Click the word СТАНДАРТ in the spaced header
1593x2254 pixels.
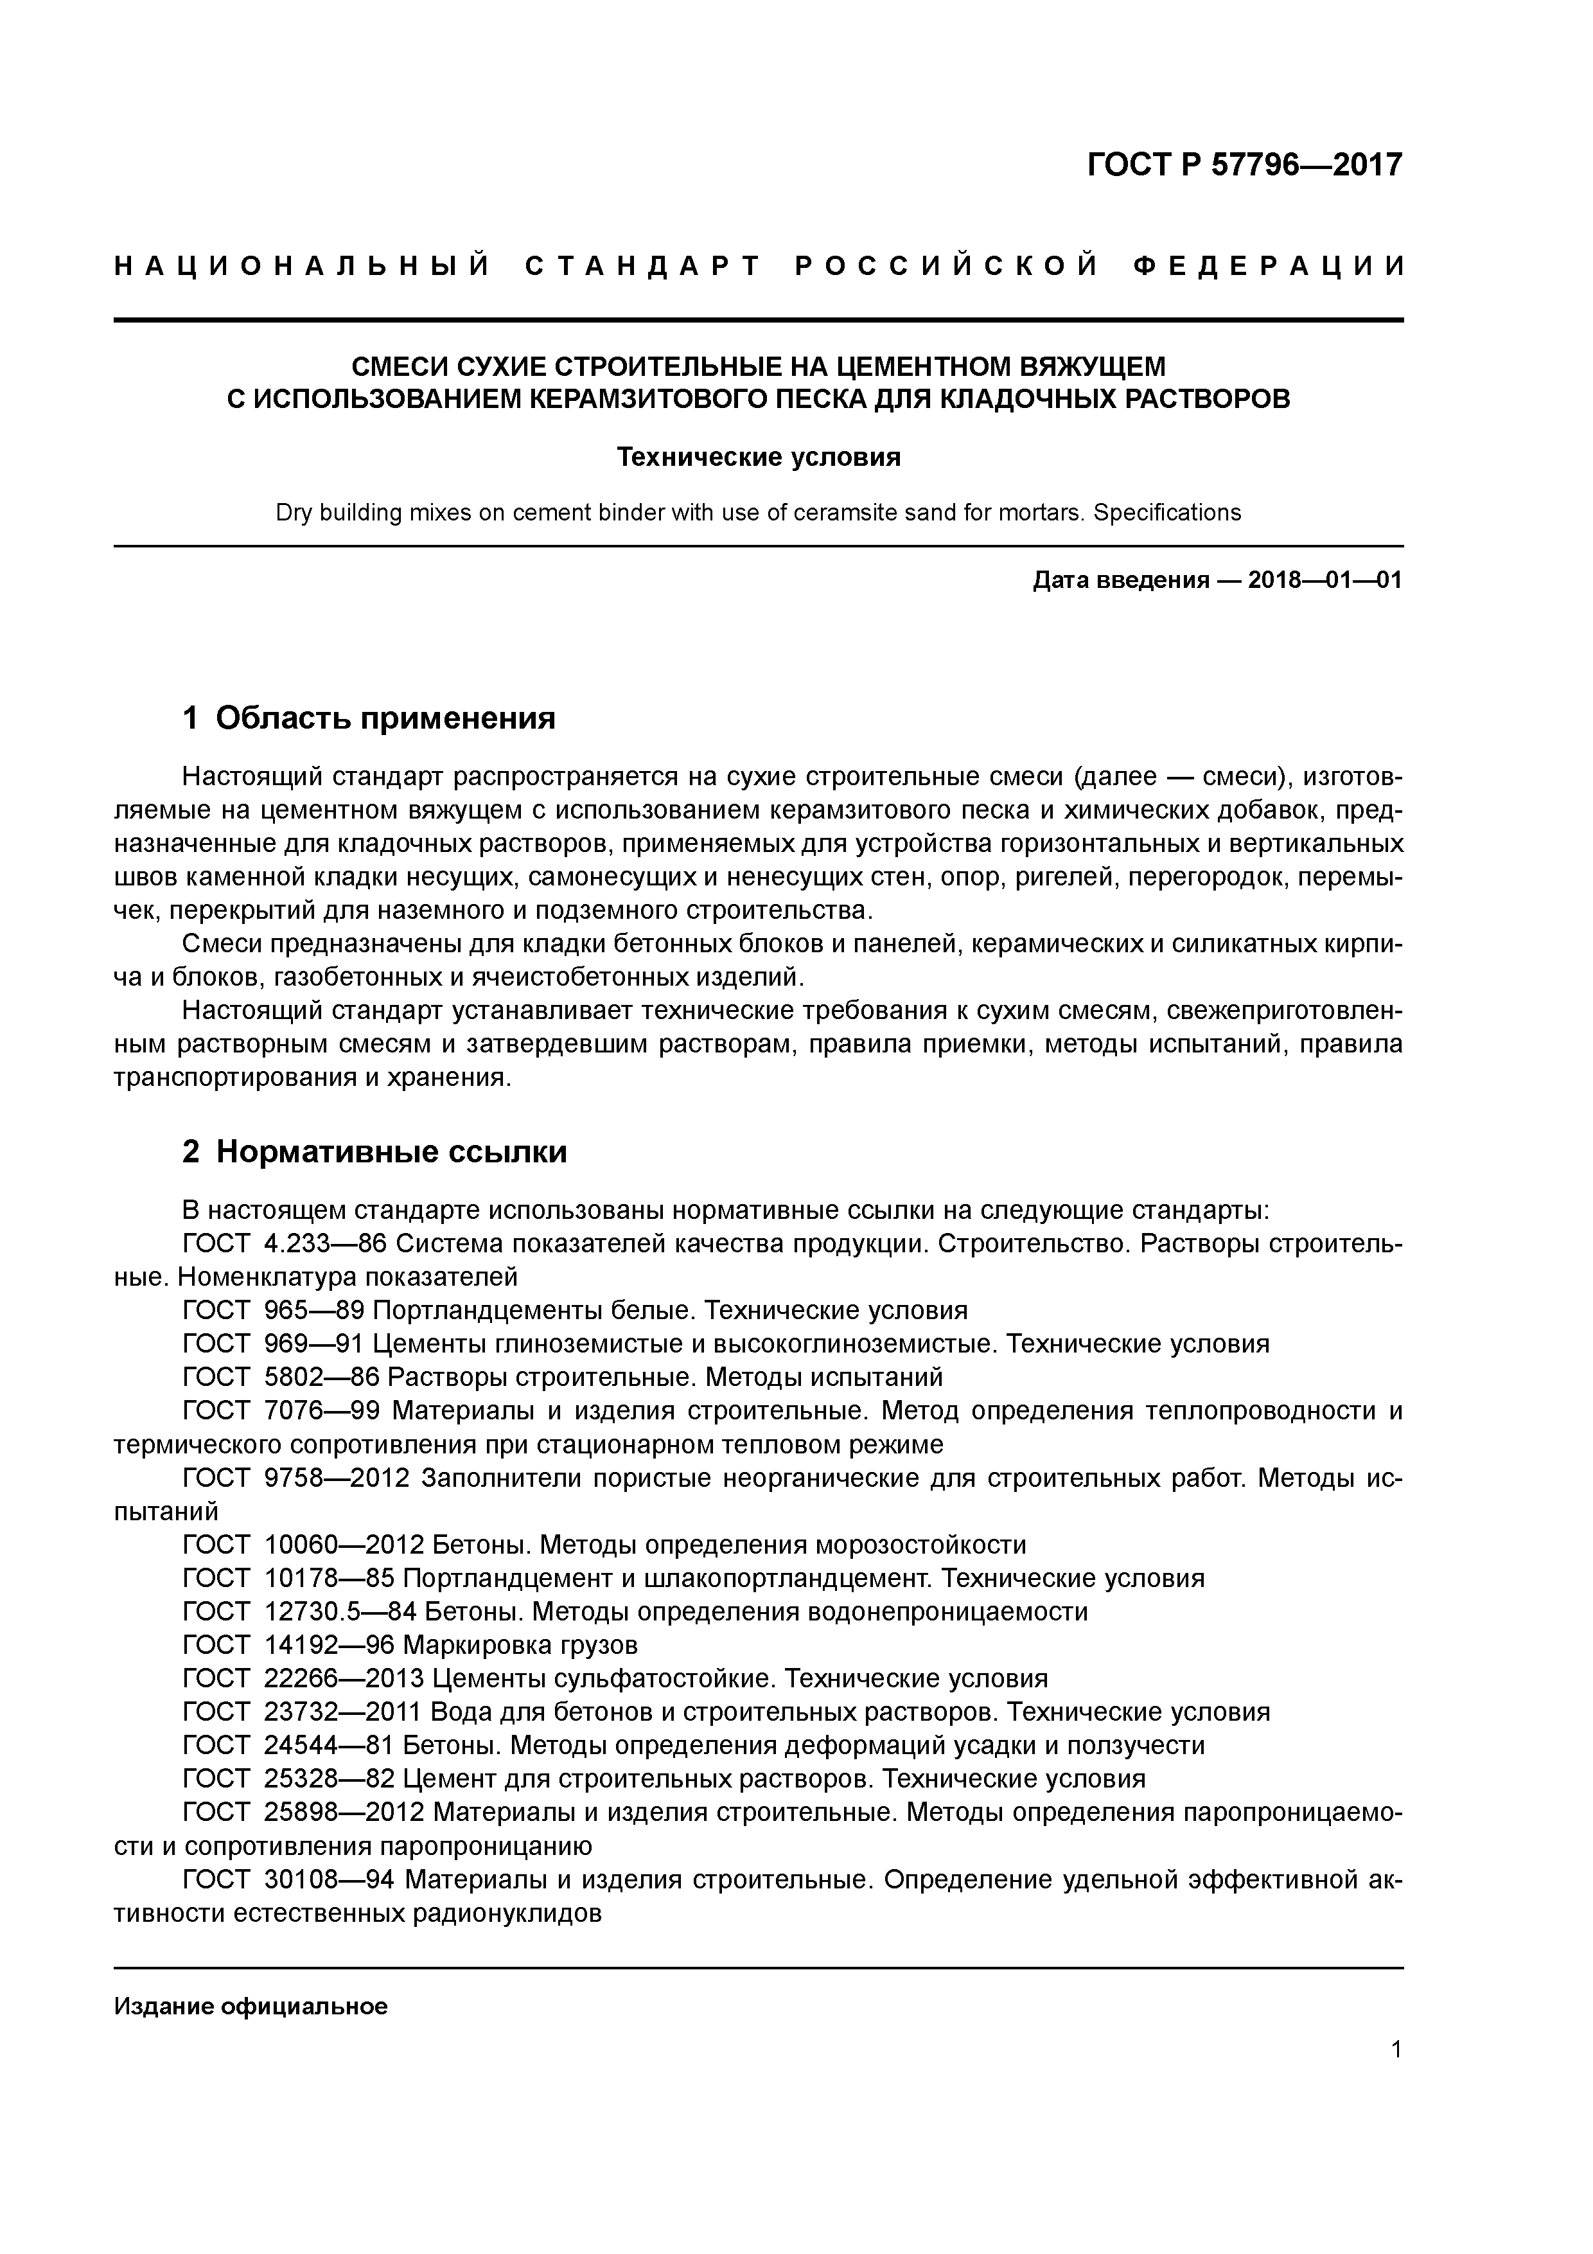click(643, 267)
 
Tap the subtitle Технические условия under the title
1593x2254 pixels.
click(758, 457)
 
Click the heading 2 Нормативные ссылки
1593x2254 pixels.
click(375, 1151)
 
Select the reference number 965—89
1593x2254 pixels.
click(314, 1311)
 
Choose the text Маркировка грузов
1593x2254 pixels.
click(520, 1646)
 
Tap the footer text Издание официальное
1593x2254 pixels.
click(251, 2007)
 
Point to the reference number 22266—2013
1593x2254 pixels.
click(342, 1679)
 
